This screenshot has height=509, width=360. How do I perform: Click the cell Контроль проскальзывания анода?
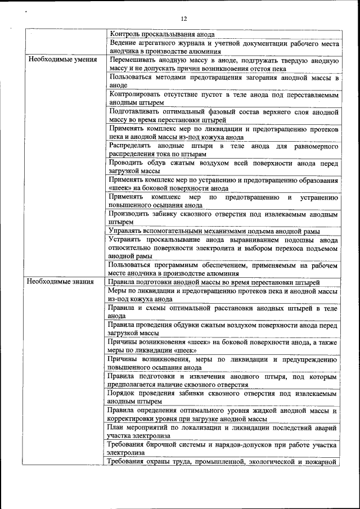point(162,34)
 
